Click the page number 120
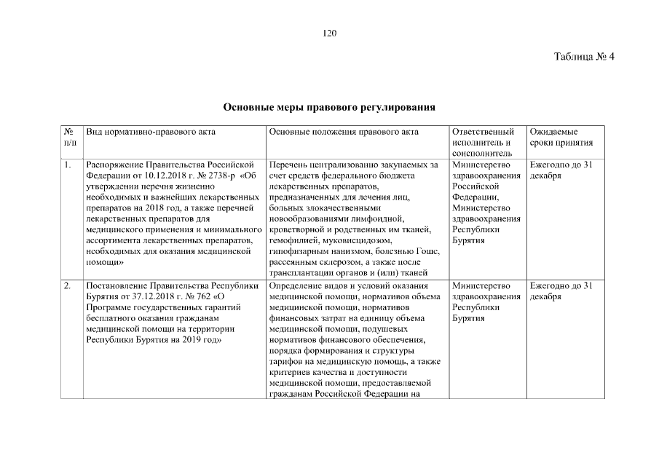coord(329,33)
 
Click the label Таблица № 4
coord(585,57)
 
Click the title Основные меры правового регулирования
coord(329,107)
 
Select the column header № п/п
coord(69,138)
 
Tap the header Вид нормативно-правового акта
coord(151,133)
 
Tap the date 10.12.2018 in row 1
coord(154,176)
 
